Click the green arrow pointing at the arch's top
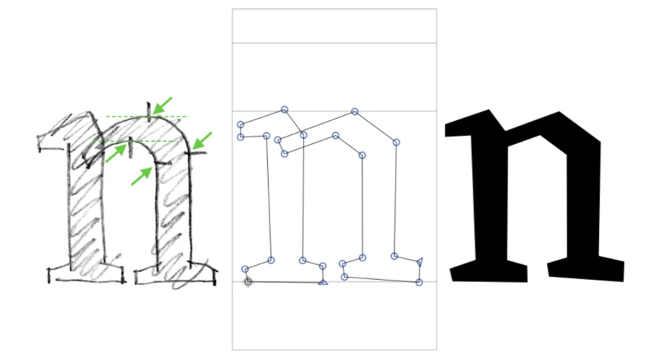pos(163,105)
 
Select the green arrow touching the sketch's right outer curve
pos(202,140)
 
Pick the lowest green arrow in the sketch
pos(142,176)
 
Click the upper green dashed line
pos(147,117)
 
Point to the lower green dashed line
pos(134,141)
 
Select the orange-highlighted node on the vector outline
pos(248,281)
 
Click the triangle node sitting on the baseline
pos(323,282)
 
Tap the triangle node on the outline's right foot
pos(419,261)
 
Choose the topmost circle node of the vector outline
pos(284,110)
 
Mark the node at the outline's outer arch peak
pos(355,111)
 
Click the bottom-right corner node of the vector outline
pos(419,282)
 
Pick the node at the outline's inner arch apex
pos(335,136)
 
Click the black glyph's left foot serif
pos(489,271)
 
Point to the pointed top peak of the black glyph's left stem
pos(488,111)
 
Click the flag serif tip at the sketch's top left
pos(39,137)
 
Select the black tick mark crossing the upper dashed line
pos(148,111)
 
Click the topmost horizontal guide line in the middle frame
pos(335,43)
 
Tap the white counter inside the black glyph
pos(537,200)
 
